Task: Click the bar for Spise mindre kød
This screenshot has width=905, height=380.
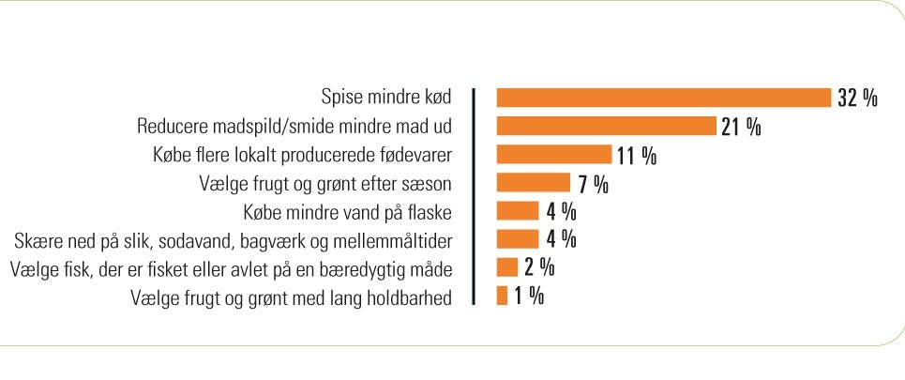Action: point(664,99)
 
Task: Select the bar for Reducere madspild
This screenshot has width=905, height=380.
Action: point(606,127)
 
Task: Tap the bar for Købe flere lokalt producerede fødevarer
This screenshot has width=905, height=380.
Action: point(553,155)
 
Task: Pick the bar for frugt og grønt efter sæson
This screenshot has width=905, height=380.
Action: point(533,183)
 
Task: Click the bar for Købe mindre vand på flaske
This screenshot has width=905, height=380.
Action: point(518,211)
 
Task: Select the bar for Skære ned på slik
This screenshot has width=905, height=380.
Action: point(518,239)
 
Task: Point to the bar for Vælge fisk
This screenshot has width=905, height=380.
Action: point(507,267)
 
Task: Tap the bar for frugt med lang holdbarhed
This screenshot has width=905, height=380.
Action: point(502,296)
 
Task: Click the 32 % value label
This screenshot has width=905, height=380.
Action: point(856,99)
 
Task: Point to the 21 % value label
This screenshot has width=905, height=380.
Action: point(740,127)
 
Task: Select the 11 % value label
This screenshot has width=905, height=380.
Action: point(636,155)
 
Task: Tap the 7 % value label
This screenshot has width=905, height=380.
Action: point(593,183)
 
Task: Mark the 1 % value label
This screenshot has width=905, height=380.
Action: point(529,296)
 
